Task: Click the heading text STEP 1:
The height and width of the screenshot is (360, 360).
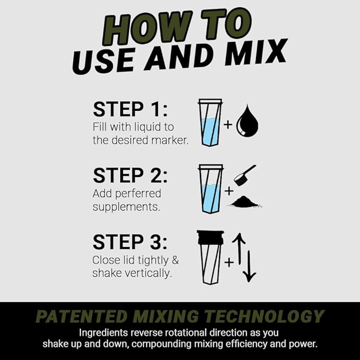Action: (130, 109)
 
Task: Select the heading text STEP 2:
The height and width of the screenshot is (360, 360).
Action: (130, 175)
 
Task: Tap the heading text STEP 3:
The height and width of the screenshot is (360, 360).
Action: (130, 242)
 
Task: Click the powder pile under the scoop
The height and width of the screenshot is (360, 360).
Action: (245, 201)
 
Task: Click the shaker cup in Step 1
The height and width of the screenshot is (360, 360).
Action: (210, 124)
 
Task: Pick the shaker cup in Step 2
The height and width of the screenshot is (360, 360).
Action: (210, 189)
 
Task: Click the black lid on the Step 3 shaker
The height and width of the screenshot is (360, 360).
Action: (210, 237)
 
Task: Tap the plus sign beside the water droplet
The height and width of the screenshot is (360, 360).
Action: (228, 125)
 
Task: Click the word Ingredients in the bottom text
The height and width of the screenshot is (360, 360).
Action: (104, 333)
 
